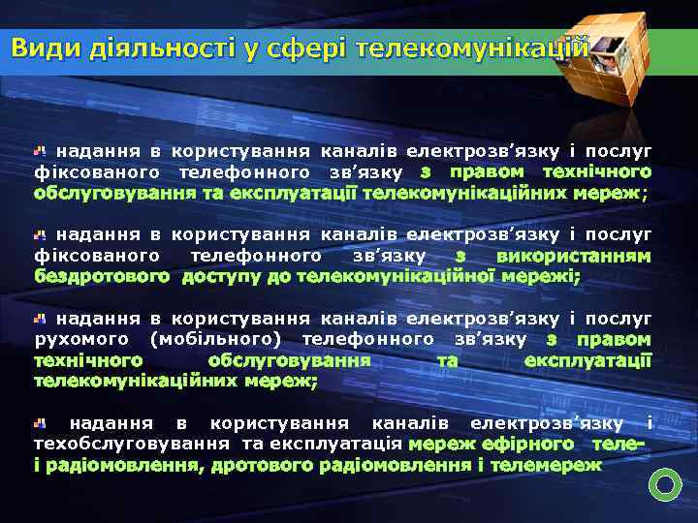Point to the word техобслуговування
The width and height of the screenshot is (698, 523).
pos(132,444)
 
